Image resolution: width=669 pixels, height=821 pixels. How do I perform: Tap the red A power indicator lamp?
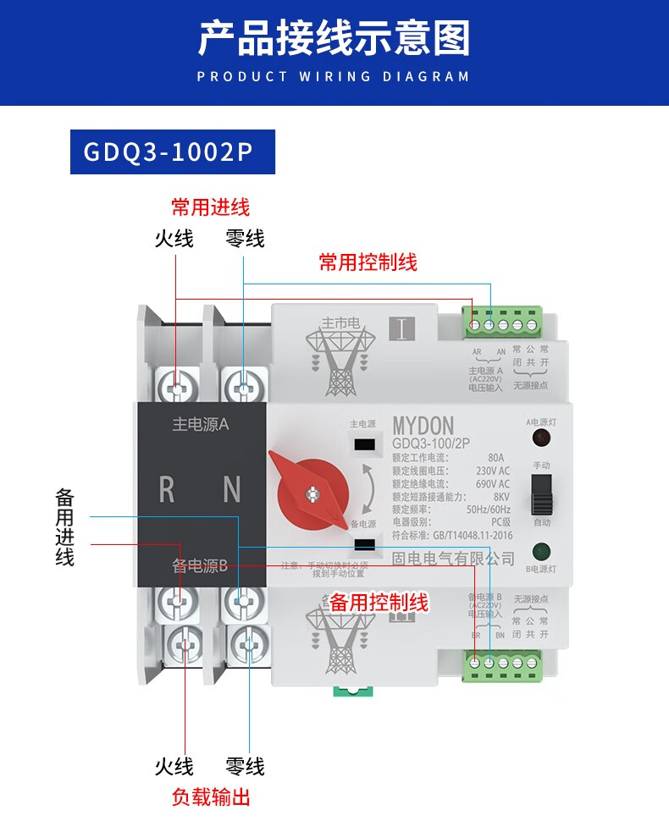point(538,438)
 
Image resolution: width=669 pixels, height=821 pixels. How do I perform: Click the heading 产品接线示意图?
point(334,39)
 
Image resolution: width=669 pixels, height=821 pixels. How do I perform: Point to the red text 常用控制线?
point(368,262)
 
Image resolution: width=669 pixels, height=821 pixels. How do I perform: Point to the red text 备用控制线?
point(379,603)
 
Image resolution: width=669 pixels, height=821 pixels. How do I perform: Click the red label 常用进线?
point(210,207)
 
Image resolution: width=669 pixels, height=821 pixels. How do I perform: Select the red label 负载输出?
point(210,796)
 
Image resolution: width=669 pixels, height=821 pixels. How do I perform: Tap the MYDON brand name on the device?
point(423,426)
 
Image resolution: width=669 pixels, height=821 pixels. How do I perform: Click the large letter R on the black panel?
point(167,490)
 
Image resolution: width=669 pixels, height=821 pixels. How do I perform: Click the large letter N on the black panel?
point(231,490)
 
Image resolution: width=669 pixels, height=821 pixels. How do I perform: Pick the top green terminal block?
point(503,323)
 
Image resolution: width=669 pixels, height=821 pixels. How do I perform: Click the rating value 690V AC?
point(492,483)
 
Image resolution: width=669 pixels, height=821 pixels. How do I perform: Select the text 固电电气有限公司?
point(453,559)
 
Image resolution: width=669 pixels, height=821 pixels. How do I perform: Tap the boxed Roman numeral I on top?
point(401,328)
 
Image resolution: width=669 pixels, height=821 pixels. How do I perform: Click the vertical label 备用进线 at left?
point(65,526)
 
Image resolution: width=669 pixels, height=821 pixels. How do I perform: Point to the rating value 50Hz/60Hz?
point(488,510)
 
